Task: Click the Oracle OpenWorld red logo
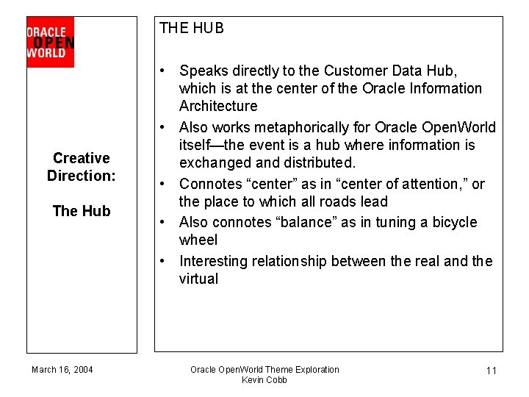click(x=50, y=42)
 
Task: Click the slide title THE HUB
click(x=191, y=29)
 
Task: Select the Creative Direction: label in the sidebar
click(x=81, y=167)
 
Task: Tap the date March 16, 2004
click(x=62, y=369)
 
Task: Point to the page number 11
click(x=492, y=371)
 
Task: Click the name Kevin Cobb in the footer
click(x=264, y=379)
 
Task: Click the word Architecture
click(x=218, y=106)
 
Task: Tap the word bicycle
click(x=452, y=222)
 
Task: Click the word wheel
click(x=198, y=240)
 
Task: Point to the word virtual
click(x=198, y=279)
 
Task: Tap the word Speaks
click(x=201, y=71)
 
